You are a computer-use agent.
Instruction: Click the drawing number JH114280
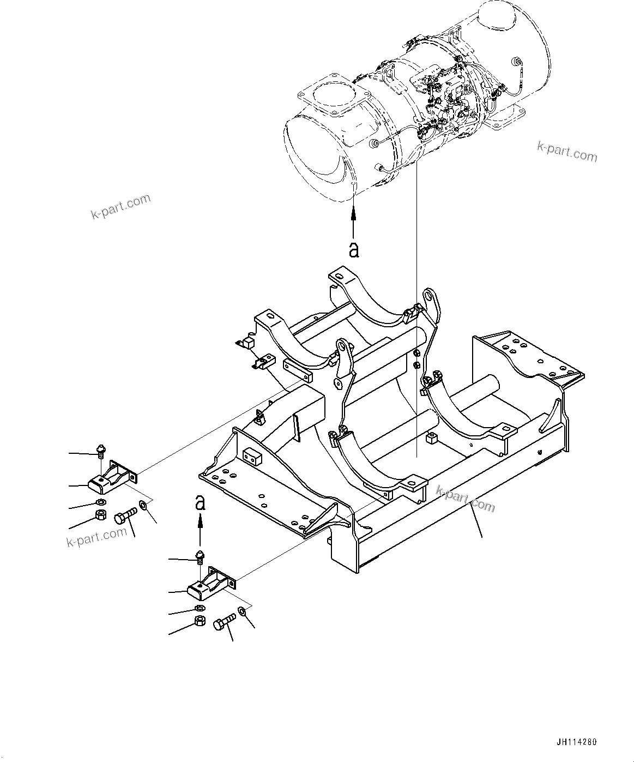coord(577,743)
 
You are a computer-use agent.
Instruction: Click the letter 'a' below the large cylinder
coord(354,249)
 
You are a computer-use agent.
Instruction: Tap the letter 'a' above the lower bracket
coord(201,502)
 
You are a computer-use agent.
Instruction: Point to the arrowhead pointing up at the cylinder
coord(354,212)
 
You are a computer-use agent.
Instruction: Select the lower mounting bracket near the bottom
coord(212,581)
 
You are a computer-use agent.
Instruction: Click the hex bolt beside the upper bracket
coord(125,515)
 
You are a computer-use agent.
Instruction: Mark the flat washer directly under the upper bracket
coord(100,502)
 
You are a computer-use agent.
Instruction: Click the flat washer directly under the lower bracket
coord(200,608)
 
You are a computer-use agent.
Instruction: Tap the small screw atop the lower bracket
coord(201,556)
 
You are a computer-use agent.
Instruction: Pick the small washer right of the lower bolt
coord(241,613)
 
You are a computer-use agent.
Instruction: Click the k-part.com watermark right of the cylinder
coord(567,152)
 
